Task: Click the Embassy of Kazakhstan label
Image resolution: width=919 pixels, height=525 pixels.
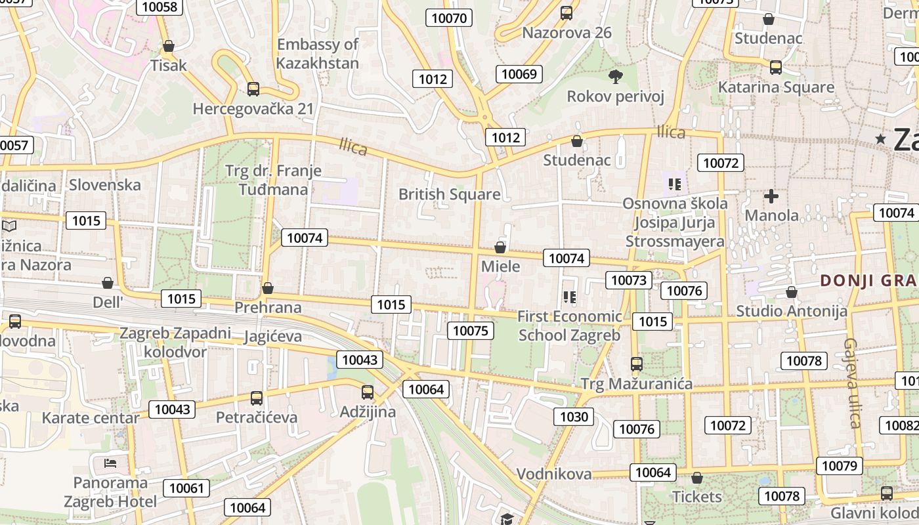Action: [x=318, y=54]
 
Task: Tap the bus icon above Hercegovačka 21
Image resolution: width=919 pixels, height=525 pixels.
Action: [x=253, y=89]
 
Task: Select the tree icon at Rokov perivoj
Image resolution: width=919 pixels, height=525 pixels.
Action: [x=616, y=77]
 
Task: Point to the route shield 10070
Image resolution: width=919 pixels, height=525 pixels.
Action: [x=450, y=18]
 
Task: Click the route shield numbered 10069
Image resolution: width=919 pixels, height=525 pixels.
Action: [x=519, y=73]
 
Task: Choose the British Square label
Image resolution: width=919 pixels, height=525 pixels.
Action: [x=450, y=194]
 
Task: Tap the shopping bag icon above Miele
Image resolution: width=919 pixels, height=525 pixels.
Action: [x=500, y=247]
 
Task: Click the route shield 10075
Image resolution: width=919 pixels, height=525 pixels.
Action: [x=471, y=330]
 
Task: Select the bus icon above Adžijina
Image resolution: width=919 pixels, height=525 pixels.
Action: [x=368, y=392]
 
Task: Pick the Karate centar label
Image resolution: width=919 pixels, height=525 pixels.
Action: [x=91, y=418]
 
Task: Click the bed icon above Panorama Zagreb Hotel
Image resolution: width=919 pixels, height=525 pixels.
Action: [x=110, y=464]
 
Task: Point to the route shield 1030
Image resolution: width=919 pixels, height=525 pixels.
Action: [x=574, y=416]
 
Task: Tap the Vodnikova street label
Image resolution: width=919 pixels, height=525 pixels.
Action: [x=554, y=474]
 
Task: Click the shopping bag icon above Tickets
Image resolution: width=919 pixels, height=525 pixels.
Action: [x=697, y=478]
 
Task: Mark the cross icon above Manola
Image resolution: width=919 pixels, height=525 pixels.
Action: [x=771, y=196]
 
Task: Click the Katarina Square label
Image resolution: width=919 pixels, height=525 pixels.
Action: [x=776, y=87]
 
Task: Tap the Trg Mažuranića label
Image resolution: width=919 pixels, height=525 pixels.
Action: [x=637, y=384]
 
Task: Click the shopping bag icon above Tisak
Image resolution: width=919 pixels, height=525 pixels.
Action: [x=169, y=46]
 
